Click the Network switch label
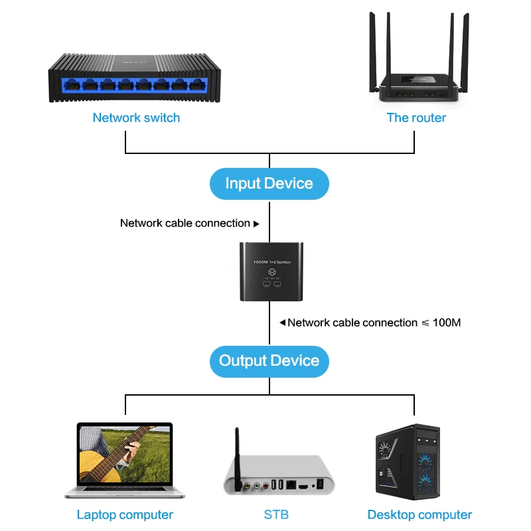click(x=136, y=118)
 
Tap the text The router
click(x=416, y=118)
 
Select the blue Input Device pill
click(x=269, y=183)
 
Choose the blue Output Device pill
click(x=269, y=361)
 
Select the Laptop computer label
click(x=125, y=515)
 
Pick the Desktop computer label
click(x=419, y=515)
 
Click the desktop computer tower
click(x=407, y=462)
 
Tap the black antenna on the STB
click(x=236, y=458)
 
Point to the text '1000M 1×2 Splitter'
click(x=272, y=263)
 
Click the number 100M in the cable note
click(x=446, y=323)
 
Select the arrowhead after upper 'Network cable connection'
click(x=257, y=224)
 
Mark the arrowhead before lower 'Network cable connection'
click(x=282, y=323)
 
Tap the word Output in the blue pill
click(x=243, y=361)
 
